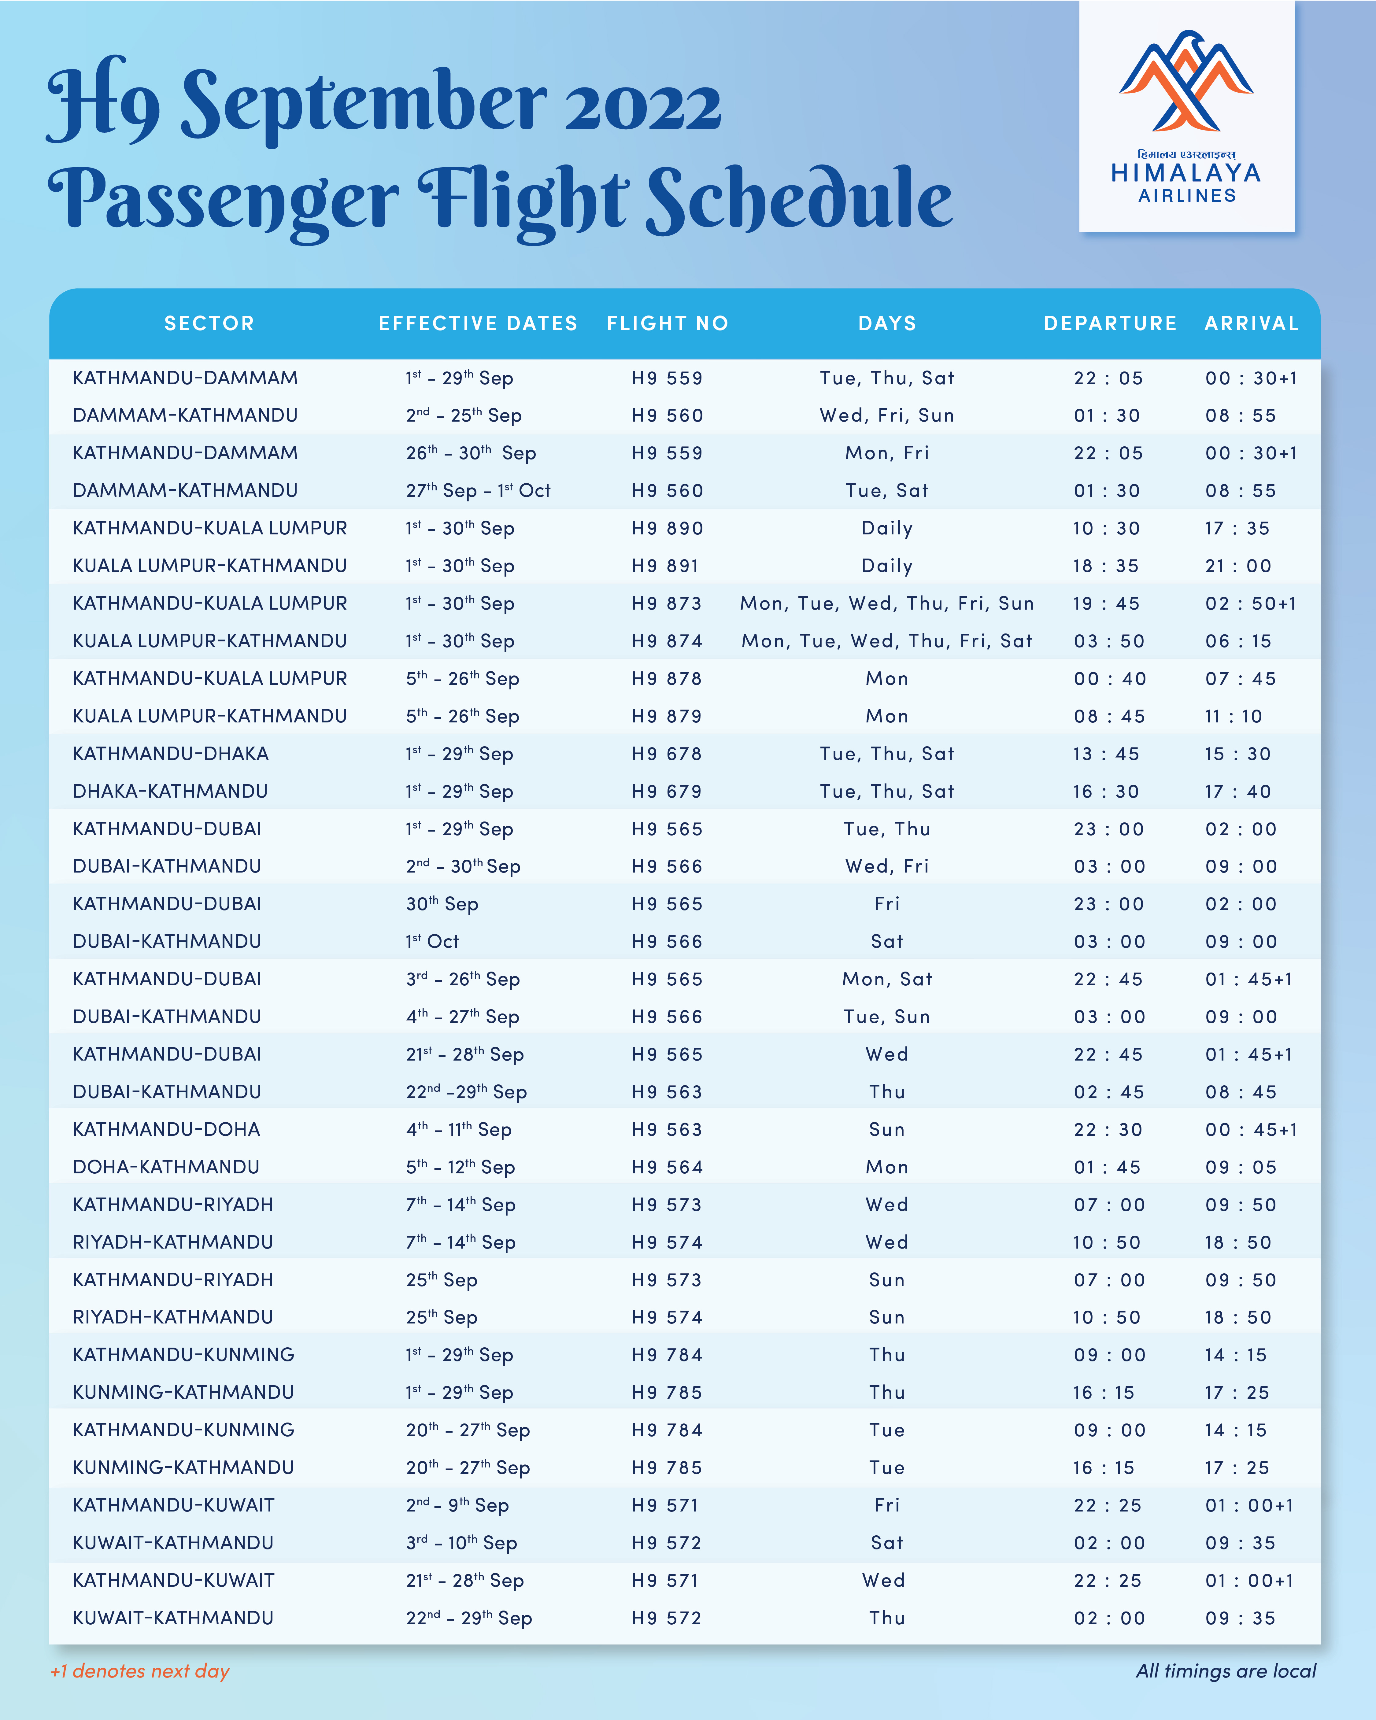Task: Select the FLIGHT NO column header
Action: click(667, 323)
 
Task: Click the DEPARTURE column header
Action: click(1109, 323)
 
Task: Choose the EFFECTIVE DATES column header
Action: click(477, 323)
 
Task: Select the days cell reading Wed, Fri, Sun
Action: click(887, 416)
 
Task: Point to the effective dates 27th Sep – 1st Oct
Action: click(477, 491)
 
